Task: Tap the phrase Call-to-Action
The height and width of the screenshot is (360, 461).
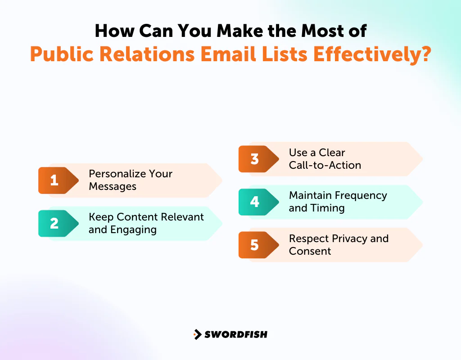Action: (325, 165)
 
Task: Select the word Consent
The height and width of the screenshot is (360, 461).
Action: (310, 251)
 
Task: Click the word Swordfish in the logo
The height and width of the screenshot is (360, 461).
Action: (236, 334)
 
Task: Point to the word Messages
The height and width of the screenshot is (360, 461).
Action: (112, 186)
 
